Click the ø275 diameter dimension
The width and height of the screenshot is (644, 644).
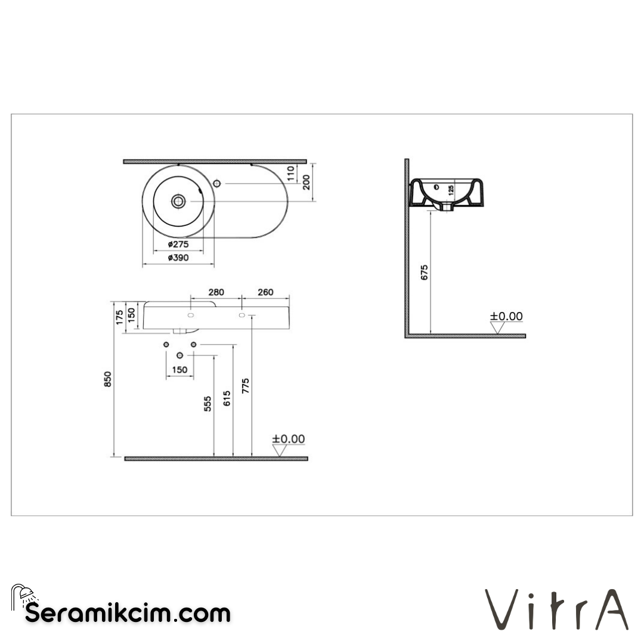pos(178,244)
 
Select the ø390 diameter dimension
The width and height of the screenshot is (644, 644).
pos(178,258)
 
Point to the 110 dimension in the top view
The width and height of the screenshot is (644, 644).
pos(291,173)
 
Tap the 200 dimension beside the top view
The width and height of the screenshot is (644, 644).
pos(306,182)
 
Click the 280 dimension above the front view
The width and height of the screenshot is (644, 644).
pos(215,292)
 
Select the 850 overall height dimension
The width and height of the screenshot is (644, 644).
pos(108,379)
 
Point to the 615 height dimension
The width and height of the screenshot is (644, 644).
pos(227,398)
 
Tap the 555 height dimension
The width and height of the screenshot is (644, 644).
pos(208,405)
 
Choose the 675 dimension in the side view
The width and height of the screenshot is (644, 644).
pos(425,272)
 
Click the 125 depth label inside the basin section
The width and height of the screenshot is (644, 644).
pos(451,191)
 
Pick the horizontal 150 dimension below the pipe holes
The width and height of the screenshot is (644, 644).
pos(179,370)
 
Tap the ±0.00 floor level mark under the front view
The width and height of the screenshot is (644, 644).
pos(289,439)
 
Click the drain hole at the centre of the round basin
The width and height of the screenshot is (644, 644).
pos(178,201)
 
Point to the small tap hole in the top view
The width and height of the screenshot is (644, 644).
pos(218,182)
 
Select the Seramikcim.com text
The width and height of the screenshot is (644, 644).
pos(127,613)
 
